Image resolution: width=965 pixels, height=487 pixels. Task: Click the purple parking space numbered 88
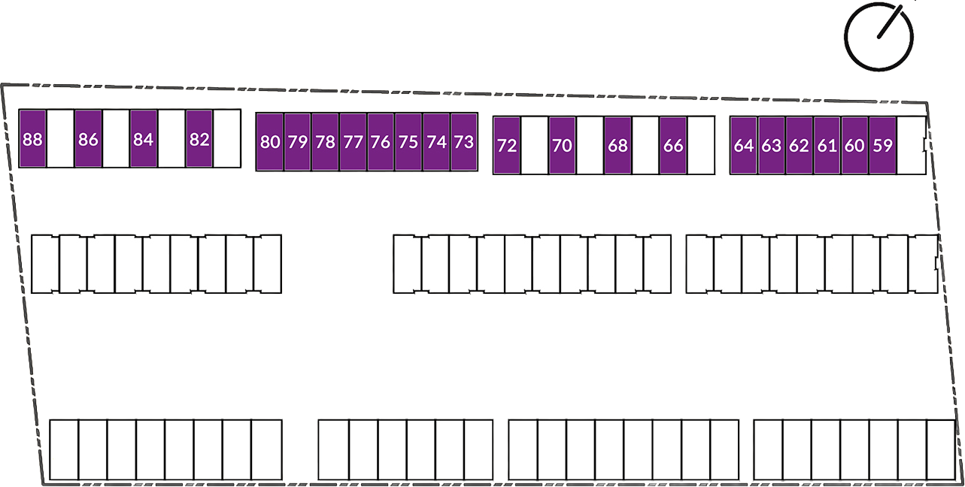point(33,138)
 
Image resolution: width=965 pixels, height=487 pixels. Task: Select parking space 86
point(88,138)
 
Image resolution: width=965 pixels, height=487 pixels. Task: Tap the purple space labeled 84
point(144,138)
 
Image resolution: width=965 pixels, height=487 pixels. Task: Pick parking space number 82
point(199,138)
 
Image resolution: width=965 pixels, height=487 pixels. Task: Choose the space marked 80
point(270,142)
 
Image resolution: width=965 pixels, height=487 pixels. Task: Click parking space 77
point(353,142)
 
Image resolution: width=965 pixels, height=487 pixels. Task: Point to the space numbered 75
point(408,142)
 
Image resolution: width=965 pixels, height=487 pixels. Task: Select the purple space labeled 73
point(464,142)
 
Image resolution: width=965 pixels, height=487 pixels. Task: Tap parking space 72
point(507,146)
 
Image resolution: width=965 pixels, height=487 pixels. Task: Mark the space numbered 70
point(562,146)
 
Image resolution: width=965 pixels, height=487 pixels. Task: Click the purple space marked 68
point(618,146)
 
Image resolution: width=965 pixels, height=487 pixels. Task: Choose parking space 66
point(673,146)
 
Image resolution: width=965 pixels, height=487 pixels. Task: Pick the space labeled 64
point(744,146)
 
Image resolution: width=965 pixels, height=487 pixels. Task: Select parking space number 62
point(799,146)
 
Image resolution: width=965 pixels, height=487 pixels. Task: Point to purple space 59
point(883,146)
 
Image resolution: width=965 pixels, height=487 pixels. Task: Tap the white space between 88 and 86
point(60,138)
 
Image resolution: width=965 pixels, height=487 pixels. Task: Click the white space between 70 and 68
point(590,146)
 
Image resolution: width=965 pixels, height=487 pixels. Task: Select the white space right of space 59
point(911,146)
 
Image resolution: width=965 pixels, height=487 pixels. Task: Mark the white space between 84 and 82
point(171,138)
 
